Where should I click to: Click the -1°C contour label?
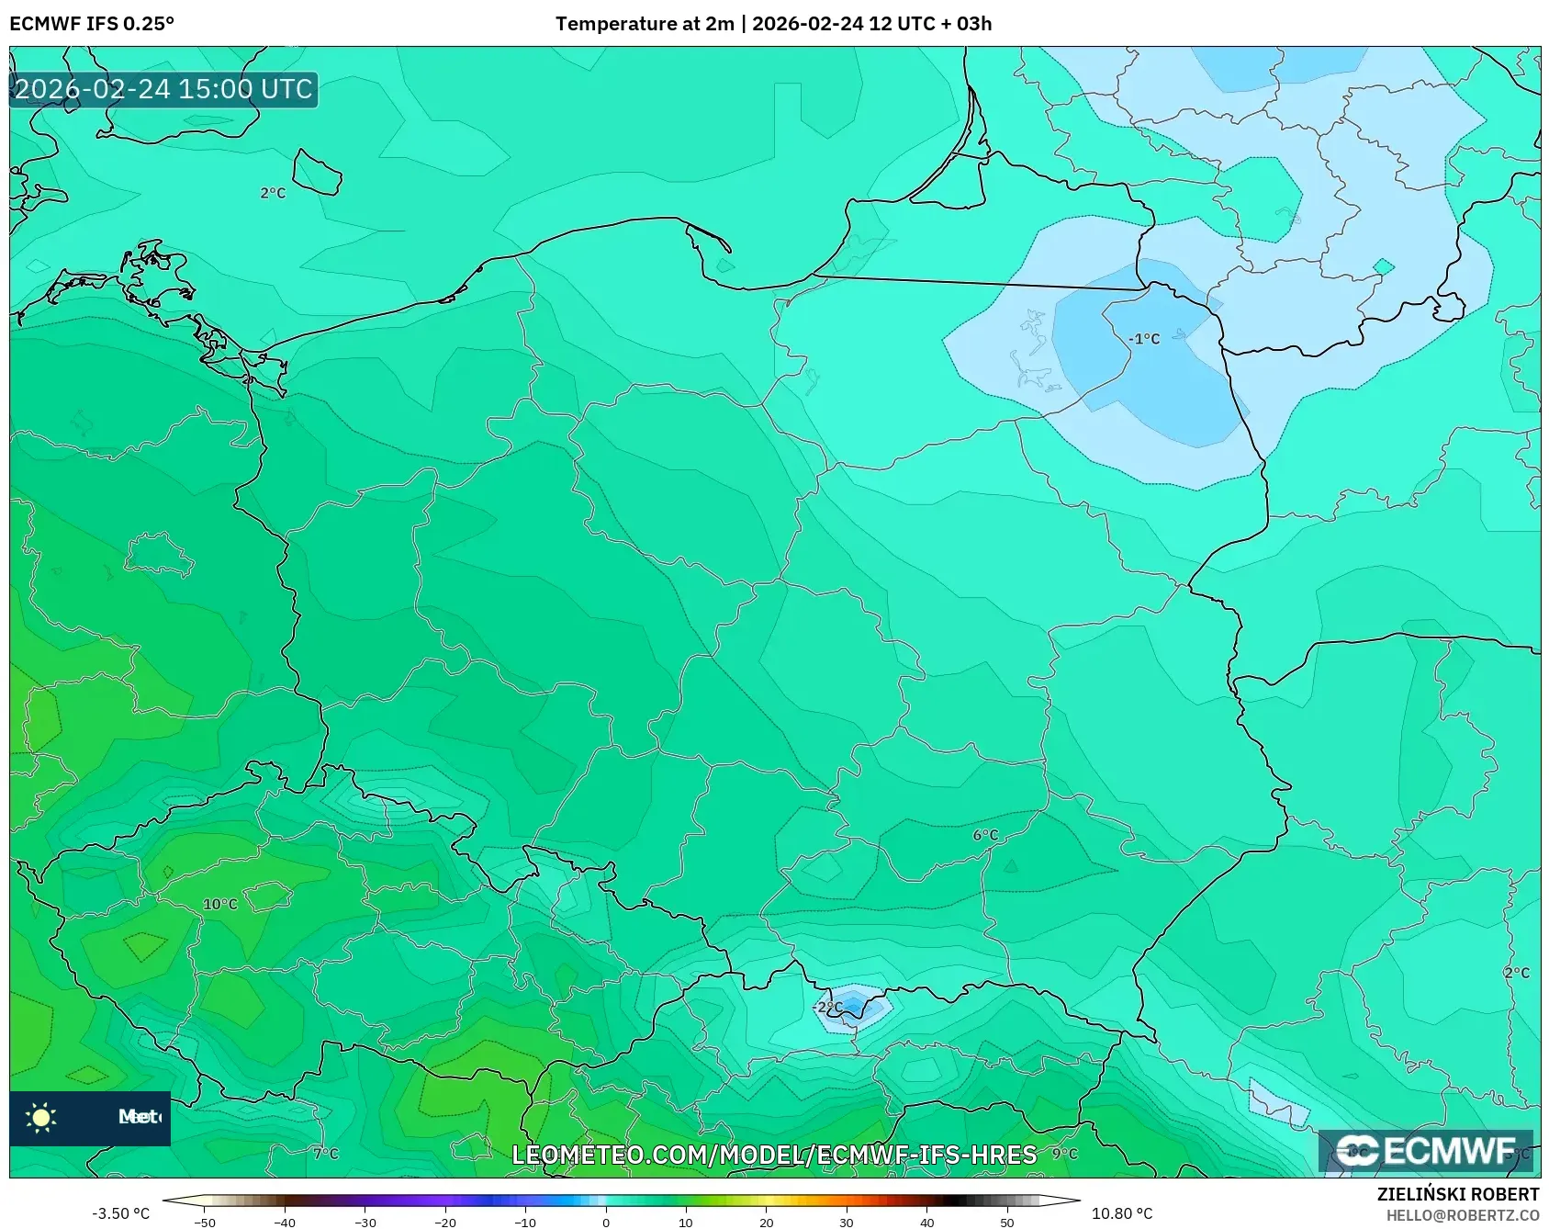[x=1144, y=339]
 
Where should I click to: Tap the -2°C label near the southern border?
[x=827, y=1007]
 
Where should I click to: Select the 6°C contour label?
[x=985, y=835]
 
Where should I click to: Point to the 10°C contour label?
[x=219, y=904]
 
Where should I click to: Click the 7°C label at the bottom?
[x=325, y=1154]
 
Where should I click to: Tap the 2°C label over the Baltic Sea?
[x=273, y=193]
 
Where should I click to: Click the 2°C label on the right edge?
[x=1517, y=973]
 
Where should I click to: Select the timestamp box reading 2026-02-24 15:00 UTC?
[x=163, y=89]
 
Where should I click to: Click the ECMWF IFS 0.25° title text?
[x=92, y=24]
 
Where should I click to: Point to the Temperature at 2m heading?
[x=643, y=24]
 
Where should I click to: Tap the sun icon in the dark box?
[x=41, y=1117]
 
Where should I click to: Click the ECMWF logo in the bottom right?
[x=1425, y=1151]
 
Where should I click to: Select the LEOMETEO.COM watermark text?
[x=774, y=1155]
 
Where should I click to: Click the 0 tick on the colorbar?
[x=606, y=1223]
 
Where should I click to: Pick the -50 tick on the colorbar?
[x=205, y=1223]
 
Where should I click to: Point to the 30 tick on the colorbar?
[x=847, y=1223]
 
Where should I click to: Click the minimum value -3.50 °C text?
[x=120, y=1213]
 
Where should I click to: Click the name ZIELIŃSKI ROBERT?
[x=1457, y=1194]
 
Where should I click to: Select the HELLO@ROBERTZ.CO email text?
[x=1462, y=1215]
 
